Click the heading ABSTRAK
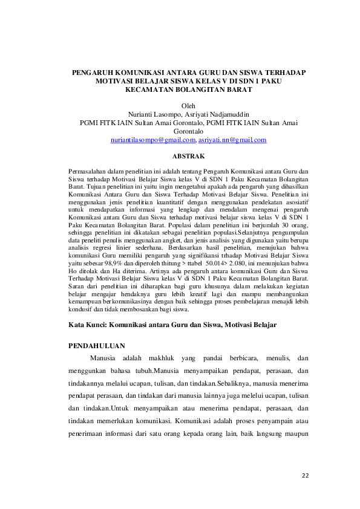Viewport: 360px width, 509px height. (189, 156)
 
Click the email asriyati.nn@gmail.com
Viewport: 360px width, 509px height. (232, 140)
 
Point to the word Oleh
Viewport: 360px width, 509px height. (189, 105)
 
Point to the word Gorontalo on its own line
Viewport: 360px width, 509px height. (189, 131)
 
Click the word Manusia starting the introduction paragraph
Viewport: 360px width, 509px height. (102, 358)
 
